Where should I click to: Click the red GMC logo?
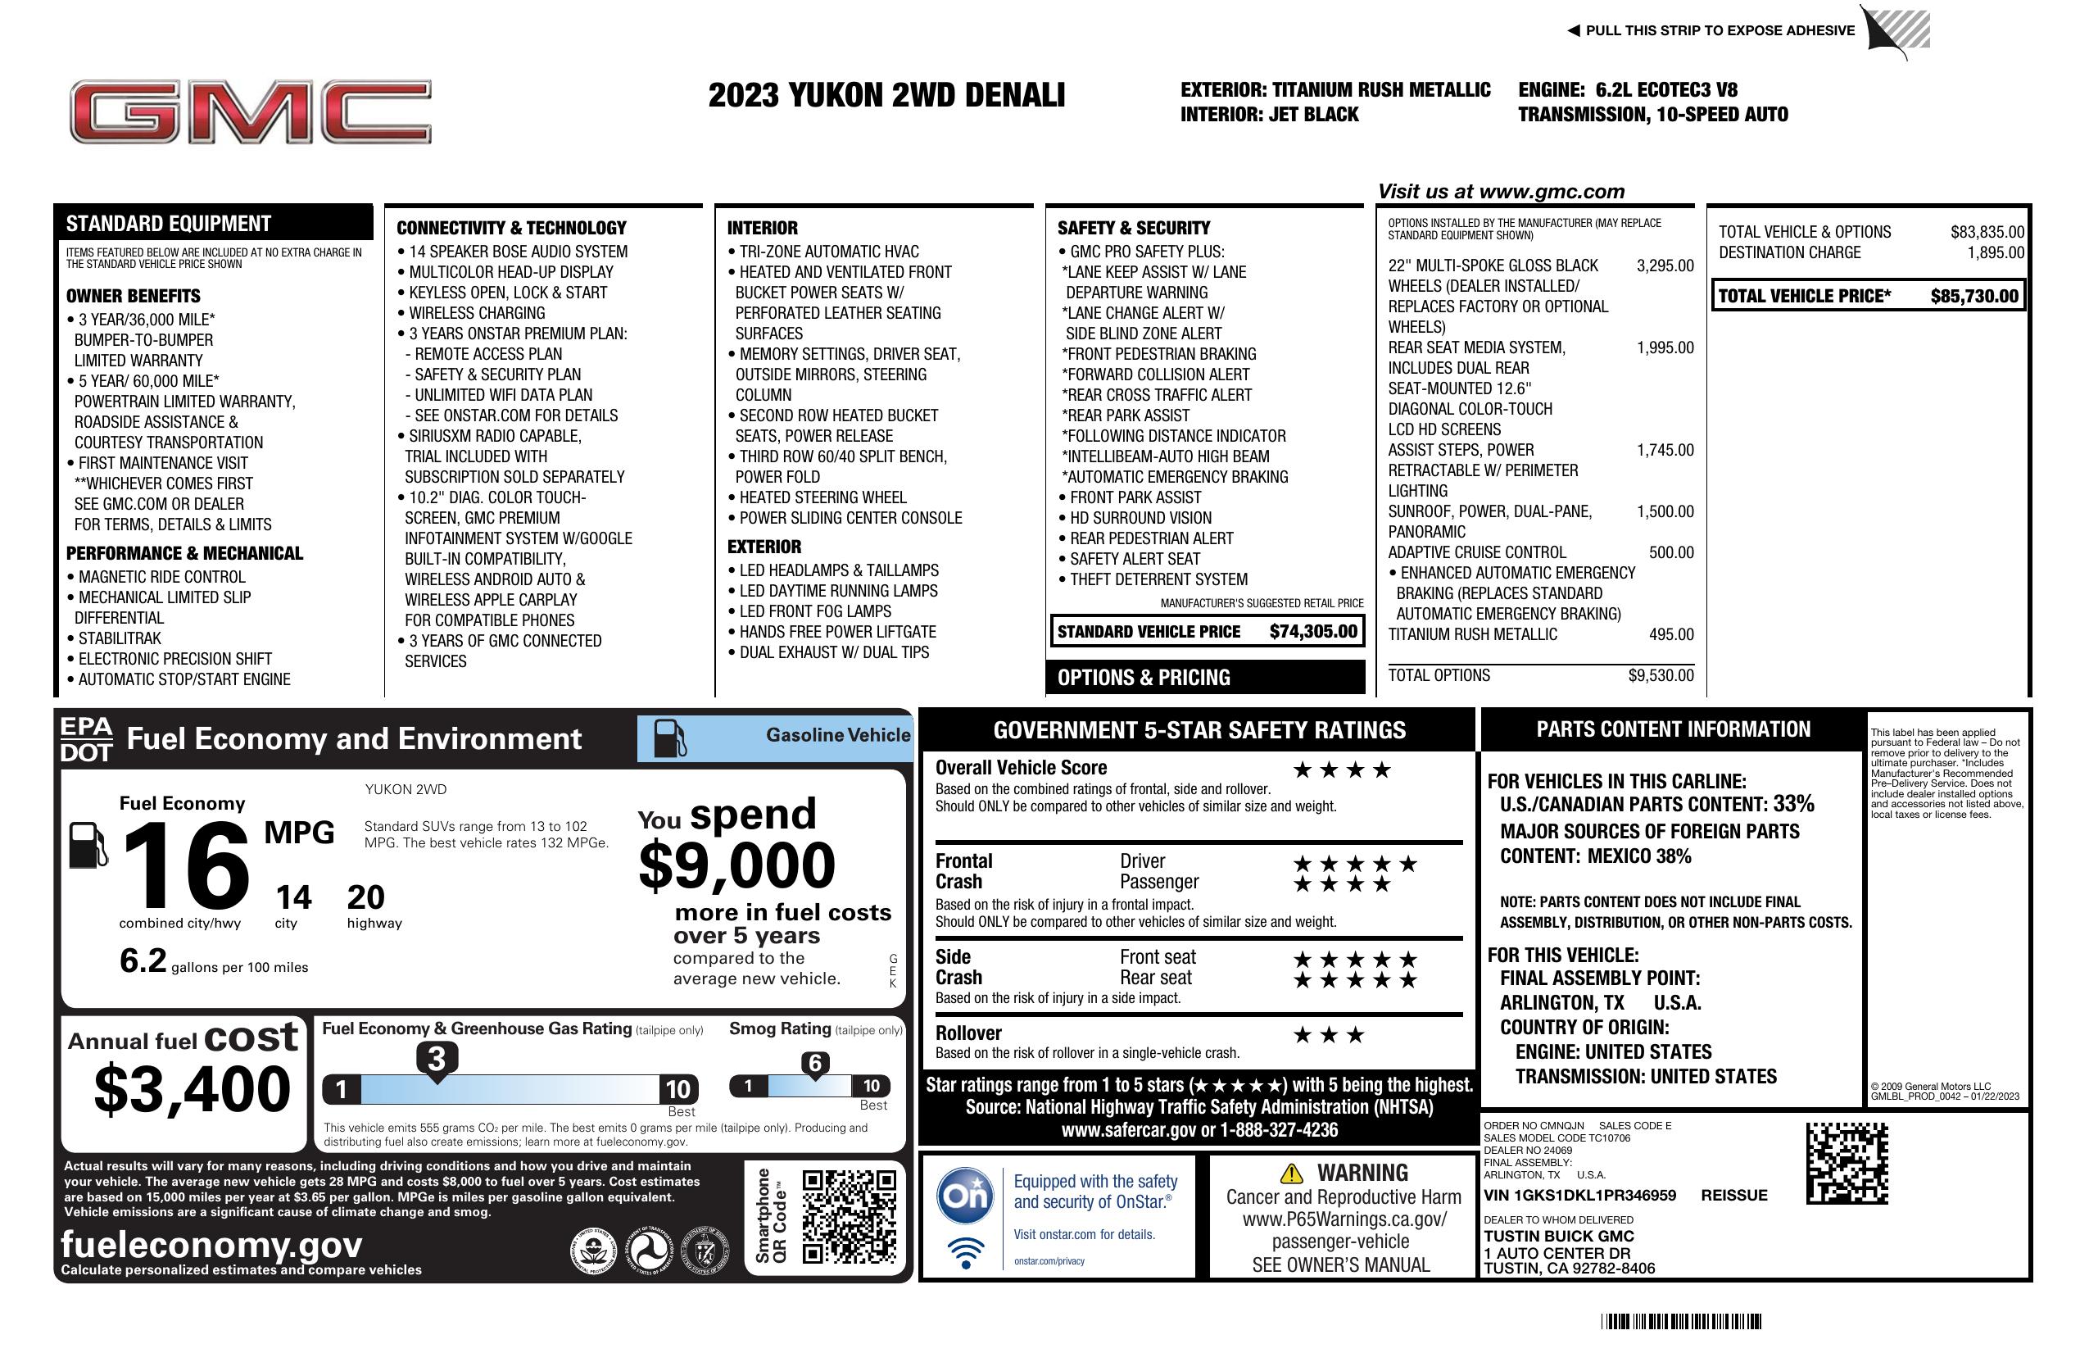(x=250, y=111)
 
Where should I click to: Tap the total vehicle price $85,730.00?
(x=1973, y=296)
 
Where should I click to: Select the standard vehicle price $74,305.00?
(x=1312, y=631)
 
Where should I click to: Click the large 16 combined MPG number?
(x=186, y=866)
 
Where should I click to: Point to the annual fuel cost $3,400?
(x=193, y=1089)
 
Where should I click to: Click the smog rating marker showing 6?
(x=814, y=1063)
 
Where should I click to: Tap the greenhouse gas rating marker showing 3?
(x=436, y=1059)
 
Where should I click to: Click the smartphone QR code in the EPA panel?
(x=849, y=1216)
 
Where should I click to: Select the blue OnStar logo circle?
(x=965, y=1195)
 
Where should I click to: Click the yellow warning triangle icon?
(x=1291, y=1173)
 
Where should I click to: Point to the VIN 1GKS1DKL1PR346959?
(x=1579, y=1195)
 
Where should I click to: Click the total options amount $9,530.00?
(x=1661, y=675)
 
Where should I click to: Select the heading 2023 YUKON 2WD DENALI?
(x=886, y=95)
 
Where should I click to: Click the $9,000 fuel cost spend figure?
(x=736, y=865)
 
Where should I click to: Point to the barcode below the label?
(x=1680, y=1321)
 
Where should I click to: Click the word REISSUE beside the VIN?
(x=1733, y=1195)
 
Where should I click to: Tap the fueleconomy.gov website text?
(x=211, y=1244)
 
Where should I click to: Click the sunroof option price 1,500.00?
(x=1664, y=511)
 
